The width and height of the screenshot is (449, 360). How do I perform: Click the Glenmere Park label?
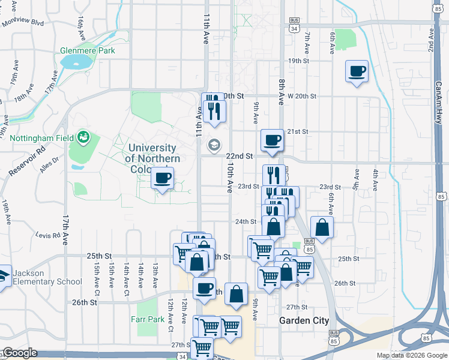click(87, 51)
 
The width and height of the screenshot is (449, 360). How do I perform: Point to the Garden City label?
click(304, 321)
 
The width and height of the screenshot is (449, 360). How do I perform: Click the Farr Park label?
click(148, 320)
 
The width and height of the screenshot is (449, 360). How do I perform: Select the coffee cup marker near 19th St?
click(357, 71)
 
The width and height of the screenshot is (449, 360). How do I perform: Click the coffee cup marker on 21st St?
click(272, 140)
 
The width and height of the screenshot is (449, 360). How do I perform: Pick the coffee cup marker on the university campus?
click(163, 178)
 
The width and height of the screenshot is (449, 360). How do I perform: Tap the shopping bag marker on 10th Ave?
click(237, 294)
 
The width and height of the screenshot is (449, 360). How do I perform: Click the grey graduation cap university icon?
click(213, 145)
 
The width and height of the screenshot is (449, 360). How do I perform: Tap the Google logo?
click(19, 353)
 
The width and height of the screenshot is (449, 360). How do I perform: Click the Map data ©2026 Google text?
click(411, 355)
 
